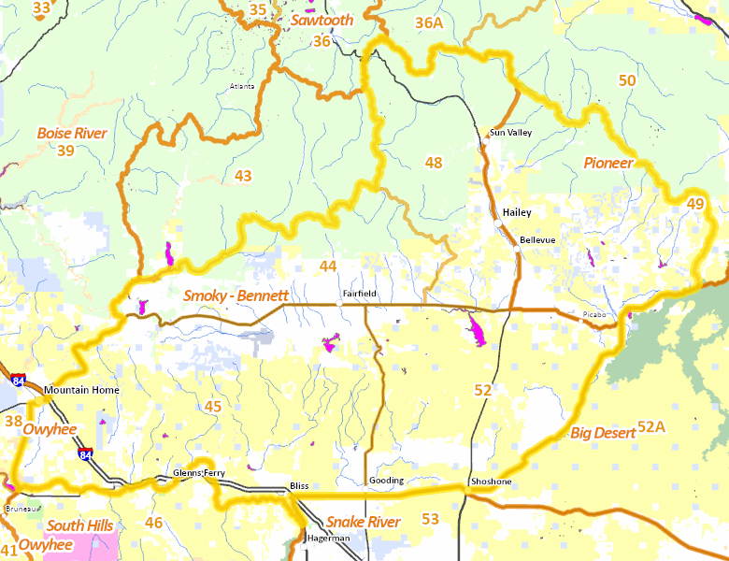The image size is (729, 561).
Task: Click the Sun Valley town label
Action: click(510, 133)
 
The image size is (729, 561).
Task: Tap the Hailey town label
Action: click(516, 212)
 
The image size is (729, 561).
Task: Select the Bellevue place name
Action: click(537, 240)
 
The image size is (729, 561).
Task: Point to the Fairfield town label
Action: click(360, 294)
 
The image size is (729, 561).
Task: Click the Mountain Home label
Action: click(82, 390)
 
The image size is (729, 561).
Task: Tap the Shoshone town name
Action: click(491, 482)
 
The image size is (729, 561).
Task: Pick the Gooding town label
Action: click(387, 481)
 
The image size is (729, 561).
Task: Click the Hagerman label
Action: click(329, 539)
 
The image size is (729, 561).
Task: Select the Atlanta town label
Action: click(242, 87)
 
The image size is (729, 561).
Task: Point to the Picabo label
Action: click(594, 314)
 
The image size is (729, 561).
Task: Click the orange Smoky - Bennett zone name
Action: click(235, 295)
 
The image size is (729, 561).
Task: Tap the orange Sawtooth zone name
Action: click(322, 20)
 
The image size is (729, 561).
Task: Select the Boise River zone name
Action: click(72, 133)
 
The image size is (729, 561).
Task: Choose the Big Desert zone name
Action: click(602, 432)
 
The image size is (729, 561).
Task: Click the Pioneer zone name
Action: click(608, 163)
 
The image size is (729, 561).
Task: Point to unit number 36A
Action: click(429, 22)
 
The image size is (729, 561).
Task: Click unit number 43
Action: click(243, 176)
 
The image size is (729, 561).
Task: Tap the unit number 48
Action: click(434, 163)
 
